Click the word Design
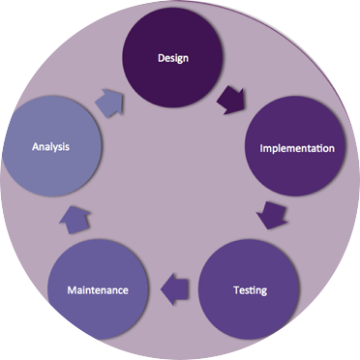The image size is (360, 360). tap(173, 58)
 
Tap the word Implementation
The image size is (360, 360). tap(297, 148)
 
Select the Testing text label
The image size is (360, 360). tap(251, 290)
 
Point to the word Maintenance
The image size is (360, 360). tap(98, 290)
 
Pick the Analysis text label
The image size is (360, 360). tap(50, 147)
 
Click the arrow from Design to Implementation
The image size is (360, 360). tap(231, 100)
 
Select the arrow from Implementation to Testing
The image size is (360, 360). tap(272, 215)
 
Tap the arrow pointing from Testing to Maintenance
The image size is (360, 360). tap(174, 288)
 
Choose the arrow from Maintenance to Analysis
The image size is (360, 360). tap(75, 220)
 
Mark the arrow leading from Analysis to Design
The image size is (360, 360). tap(109, 103)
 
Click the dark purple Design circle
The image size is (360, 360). tap(172, 57)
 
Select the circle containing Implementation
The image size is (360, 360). tap(295, 146)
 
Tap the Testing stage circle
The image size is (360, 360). tap(248, 289)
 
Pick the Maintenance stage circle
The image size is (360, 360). tap(98, 289)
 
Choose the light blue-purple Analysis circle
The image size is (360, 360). tap(51, 146)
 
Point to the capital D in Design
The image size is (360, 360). tap(161, 58)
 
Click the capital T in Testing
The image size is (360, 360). tap(237, 289)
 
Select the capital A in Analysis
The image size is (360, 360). tap(36, 147)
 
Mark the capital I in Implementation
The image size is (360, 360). tap(261, 148)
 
